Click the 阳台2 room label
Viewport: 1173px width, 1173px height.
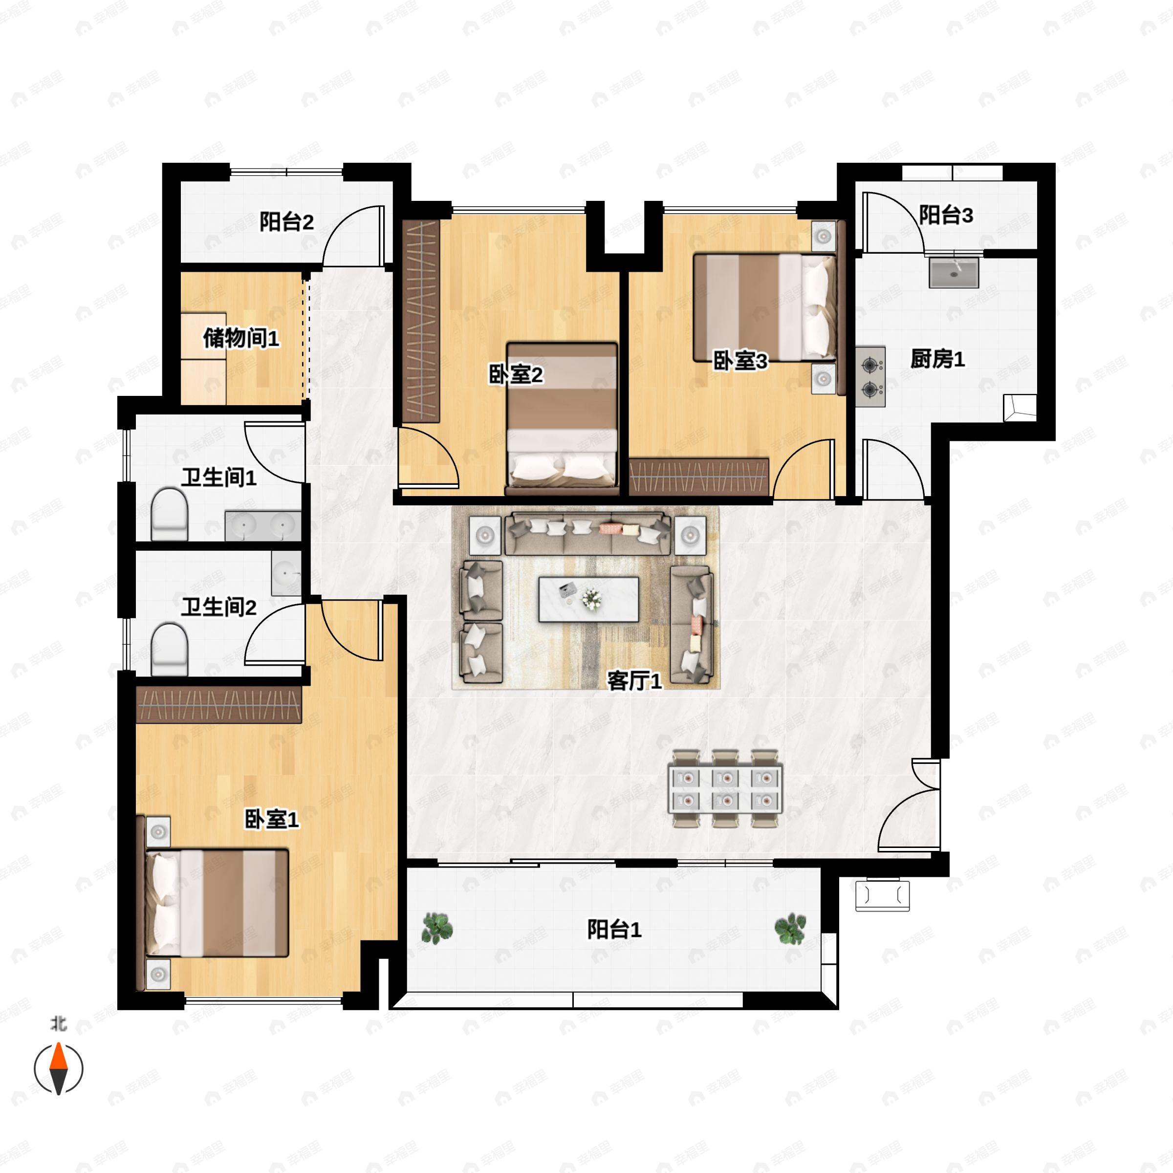pos(286,222)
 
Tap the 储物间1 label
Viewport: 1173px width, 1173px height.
pos(241,338)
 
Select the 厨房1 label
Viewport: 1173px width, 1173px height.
pos(937,359)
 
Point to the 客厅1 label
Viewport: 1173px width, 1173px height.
pos(634,681)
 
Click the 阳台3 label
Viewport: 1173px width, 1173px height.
pos(946,215)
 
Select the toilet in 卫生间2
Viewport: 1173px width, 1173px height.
pos(169,650)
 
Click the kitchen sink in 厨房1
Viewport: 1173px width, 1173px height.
pos(954,272)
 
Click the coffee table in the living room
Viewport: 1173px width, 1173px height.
pos(588,599)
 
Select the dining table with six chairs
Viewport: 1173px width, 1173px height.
pos(725,788)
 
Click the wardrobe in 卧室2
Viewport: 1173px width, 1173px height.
pos(421,321)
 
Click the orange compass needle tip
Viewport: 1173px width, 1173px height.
pos(58,1043)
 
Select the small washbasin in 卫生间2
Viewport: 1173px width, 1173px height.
pos(286,573)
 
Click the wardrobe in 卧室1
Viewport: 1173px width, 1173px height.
pos(219,704)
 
